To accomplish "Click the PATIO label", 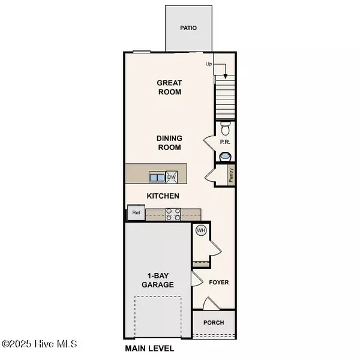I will [x=188, y=28].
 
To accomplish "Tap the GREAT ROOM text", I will [x=169, y=88].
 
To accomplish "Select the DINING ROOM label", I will [x=169, y=142].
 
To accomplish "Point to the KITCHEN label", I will [x=164, y=196].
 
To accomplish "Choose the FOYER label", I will [x=218, y=281].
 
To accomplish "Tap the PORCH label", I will [x=214, y=323].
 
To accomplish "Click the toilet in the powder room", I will [x=225, y=128].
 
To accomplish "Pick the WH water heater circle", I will [x=201, y=230].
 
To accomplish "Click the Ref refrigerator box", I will [x=136, y=212].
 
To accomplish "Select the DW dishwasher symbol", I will [x=172, y=177].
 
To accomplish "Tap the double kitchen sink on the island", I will [x=157, y=177].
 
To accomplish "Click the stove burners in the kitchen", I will [x=173, y=214].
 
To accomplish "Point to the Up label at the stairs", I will [x=208, y=63].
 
